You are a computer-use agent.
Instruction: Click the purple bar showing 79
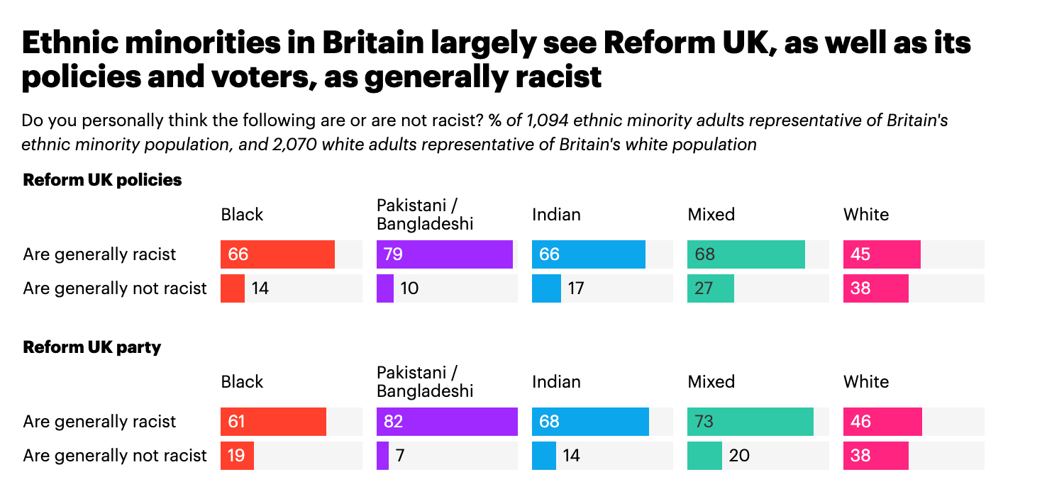pyautogui.click(x=444, y=254)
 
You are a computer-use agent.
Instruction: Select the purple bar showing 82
pyautogui.click(x=447, y=422)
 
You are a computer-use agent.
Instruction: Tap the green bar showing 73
pyautogui.click(x=750, y=422)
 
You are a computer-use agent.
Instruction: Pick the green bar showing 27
pyautogui.click(x=711, y=288)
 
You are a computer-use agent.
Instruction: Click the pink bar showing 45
pyautogui.click(x=882, y=254)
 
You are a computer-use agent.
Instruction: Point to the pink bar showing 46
pyautogui.click(x=882, y=422)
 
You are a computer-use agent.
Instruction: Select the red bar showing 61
pyautogui.click(x=273, y=422)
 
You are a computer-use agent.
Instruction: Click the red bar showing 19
pyautogui.click(x=237, y=456)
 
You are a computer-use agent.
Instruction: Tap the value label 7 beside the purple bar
pyautogui.click(x=400, y=456)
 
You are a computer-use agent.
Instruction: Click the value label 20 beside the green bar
pyautogui.click(x=739, y=456)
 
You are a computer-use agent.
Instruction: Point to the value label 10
pyautogui.click(x=410, y=288)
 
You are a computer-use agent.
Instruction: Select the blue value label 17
pyautogui.click(x=575, y=288)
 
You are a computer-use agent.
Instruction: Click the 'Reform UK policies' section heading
pyautogui.click(x=102, y=180)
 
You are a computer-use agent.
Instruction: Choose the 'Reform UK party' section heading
pyautogui.click(x=92, y=347)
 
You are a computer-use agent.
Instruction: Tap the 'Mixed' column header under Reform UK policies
pyautogui.click(x=711, y=214)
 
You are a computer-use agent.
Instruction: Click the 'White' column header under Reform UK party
pyautogui.click(x=866, y=381)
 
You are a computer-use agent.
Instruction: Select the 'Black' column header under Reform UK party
pyautogui.click(x=243, y=381)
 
